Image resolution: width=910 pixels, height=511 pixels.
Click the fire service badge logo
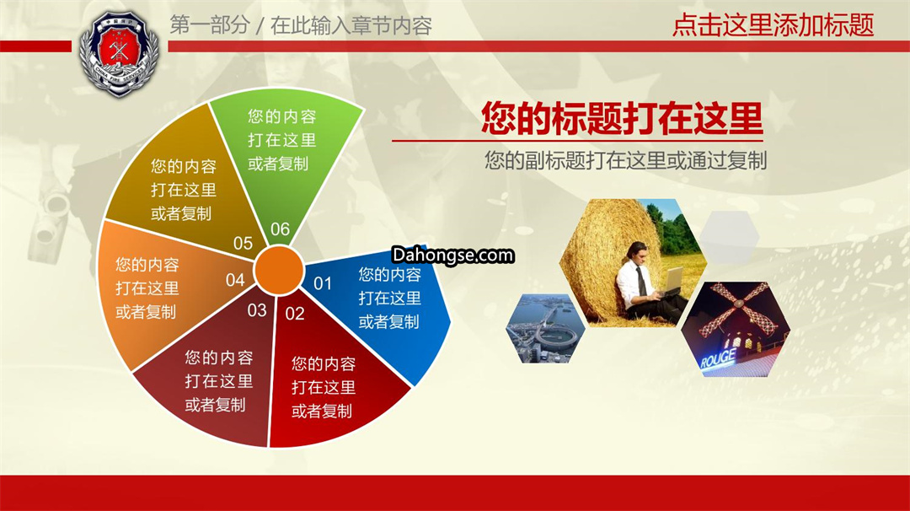point(119,53)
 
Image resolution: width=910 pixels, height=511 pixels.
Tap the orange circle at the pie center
point(279,270)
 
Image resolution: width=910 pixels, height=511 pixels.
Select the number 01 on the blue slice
point(323,283)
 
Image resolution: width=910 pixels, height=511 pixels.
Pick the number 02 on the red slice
point(295,314)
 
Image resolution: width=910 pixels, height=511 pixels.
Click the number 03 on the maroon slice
point(256,310)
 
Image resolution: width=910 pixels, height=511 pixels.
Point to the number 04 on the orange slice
point(235,281)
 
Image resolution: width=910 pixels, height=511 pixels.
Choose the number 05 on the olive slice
point(243,243)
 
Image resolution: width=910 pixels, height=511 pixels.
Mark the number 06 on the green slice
point(280,229)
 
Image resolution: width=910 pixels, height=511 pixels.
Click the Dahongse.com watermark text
point(452,255)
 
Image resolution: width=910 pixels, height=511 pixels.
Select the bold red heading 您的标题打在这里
point(622,118)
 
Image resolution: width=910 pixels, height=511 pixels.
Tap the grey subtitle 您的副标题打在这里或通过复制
point(625,160)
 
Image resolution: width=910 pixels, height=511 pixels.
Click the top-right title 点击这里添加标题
point(773,25)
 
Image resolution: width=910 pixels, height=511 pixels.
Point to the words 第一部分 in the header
point(210,25)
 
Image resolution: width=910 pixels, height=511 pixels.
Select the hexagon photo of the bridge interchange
point(545,328)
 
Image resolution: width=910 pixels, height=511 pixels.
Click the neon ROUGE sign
point(718,359)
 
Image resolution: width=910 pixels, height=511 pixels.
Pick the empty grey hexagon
point(729,237)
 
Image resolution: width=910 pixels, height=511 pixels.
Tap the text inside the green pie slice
point(282,140)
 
